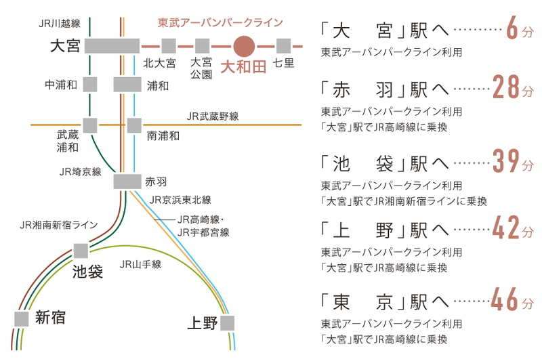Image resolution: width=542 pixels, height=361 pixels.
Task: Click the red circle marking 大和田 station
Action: (243, 46)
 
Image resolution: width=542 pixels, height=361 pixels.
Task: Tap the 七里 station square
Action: (283, 46)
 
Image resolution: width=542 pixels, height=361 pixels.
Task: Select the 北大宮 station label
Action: (160, 64)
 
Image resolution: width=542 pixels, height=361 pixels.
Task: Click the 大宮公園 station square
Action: (202, 46)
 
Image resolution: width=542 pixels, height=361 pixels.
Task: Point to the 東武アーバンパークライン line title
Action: (220, 22)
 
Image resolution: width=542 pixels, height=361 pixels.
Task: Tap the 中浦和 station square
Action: (89, 85)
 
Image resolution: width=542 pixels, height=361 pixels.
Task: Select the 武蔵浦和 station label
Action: (68, 142)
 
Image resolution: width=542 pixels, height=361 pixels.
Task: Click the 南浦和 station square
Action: (134, 125)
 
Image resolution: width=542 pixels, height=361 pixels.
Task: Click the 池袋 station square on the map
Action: (81, 251)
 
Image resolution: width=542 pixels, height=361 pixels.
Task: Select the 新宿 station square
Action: (22, 318)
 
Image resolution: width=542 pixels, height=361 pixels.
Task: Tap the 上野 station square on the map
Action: (227, 322)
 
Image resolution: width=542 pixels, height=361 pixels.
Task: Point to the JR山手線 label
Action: (140, 264)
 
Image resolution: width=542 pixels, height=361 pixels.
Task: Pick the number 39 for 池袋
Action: (505, 163)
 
